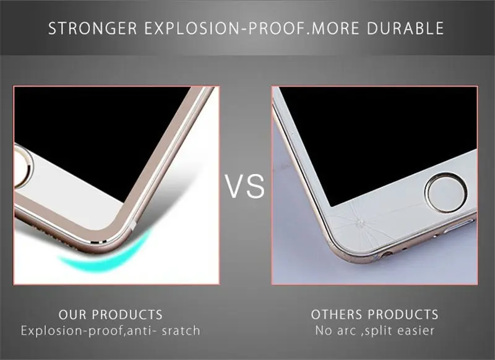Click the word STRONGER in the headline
pos(92,28)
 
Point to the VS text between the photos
pos(246,186)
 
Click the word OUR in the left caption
pos(72,315)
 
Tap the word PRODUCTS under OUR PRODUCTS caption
pos(127,315)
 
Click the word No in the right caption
pos(323,331)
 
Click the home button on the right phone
pos(446,193)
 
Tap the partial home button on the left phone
pos(23,166)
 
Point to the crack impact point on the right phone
pos(359,223)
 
